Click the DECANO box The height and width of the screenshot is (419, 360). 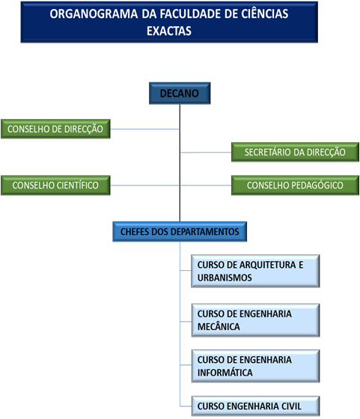pos(180,94)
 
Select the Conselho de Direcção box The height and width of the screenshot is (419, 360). pos(55,129)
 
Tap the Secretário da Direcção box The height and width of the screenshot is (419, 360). pos(295,152)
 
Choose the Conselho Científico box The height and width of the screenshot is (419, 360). pos(55,186)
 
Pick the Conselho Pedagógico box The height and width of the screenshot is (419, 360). pos(295,186)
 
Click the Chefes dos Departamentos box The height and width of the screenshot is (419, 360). pos(180,232)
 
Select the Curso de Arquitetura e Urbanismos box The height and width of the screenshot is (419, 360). pos(255,271)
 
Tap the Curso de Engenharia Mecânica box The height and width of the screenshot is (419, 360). pos(255,320)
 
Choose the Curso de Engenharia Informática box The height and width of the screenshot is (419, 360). pos(255,366)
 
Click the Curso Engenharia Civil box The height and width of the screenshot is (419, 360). pos(255,406)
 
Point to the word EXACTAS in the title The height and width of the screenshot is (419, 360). pos(169,31)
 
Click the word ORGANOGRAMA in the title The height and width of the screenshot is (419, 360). pos(94,14)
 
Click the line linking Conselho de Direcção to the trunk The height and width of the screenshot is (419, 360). pos(145,129)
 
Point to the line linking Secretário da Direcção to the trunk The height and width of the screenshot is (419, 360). pos(206,153)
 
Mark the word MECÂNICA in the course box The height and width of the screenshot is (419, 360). pos(219,326)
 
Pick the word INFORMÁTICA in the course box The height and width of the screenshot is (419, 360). pos(225,373)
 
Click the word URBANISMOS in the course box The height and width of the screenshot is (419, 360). pos(225,278)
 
